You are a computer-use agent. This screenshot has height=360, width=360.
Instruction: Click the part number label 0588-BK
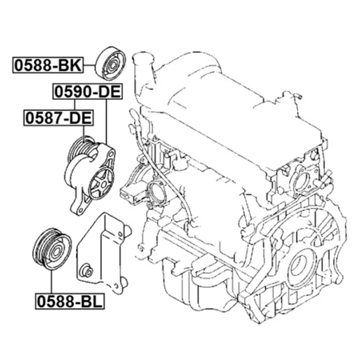(x=47, y=66)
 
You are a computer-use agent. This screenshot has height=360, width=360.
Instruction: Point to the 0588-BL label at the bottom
(x=70, y=300)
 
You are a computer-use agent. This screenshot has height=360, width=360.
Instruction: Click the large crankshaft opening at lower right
(x=299, y=266)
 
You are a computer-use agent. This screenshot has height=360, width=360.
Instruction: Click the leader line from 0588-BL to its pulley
(x=52, y=281)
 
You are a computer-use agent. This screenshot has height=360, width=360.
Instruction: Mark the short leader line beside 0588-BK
(x=89, y=66)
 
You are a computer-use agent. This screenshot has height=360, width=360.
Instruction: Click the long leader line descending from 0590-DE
(x=107, y=121)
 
